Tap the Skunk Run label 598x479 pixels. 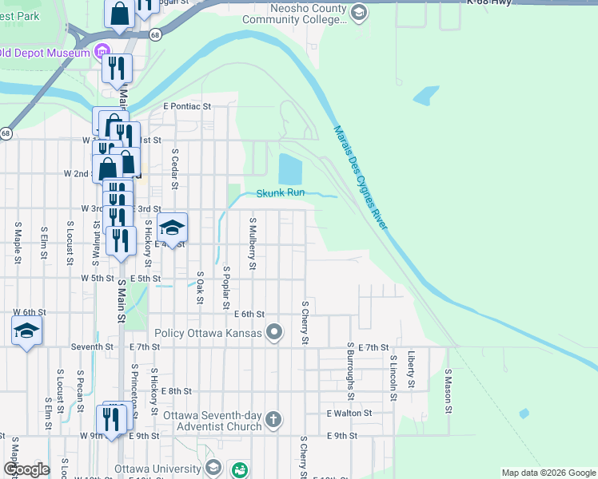pos(281,193)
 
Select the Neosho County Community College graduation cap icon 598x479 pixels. pos(359,12)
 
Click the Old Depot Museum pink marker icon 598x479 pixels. pos(102,53)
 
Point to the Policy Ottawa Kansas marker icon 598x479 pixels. pos(275,331)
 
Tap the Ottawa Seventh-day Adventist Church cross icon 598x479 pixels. pos(273,419)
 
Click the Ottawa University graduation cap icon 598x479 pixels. pos(213,468)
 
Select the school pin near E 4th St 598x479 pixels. pos(172,228)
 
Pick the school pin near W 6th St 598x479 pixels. pos(26,331)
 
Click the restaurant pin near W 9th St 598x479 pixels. pos(110,418)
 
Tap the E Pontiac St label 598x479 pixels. pos(186,105)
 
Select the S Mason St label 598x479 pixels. pos(448,390)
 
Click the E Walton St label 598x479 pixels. pos(349,413)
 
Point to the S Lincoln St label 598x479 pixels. pos(393,374)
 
